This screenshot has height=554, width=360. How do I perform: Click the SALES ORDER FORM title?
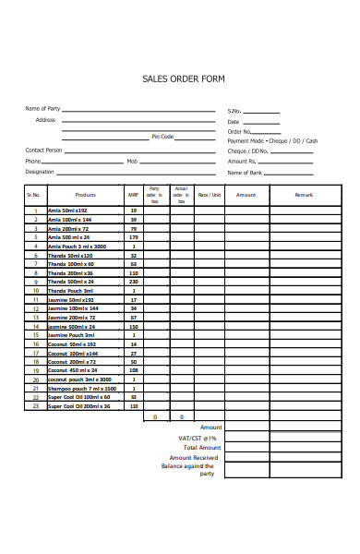tap(182, 80)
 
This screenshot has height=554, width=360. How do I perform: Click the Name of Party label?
tap(42, 109)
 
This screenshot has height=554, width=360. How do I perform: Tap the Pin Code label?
tap(162, 136)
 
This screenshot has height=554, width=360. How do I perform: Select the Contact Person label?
tap(43, 150)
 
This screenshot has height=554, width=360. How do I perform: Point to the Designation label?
tap(40, 172)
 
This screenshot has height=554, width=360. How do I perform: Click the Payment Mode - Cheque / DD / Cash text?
tap(272, 140)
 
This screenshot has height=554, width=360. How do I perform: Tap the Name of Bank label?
tap(245, 173)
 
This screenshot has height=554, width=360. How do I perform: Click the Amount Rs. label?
tap(242, 162)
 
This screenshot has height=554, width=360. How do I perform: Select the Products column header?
tap(85, 195)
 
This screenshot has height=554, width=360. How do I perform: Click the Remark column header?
tap(304, 195)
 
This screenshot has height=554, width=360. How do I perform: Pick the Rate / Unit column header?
tap(210, 195)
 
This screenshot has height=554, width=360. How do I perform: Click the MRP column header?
tap(133, 195)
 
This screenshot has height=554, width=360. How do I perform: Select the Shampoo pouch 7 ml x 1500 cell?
tap(80, 389)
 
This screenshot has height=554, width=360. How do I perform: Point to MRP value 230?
tap(134, 282)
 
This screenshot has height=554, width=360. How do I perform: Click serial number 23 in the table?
tap(35, 406)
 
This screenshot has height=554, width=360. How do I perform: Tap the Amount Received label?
tap(194, 457)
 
